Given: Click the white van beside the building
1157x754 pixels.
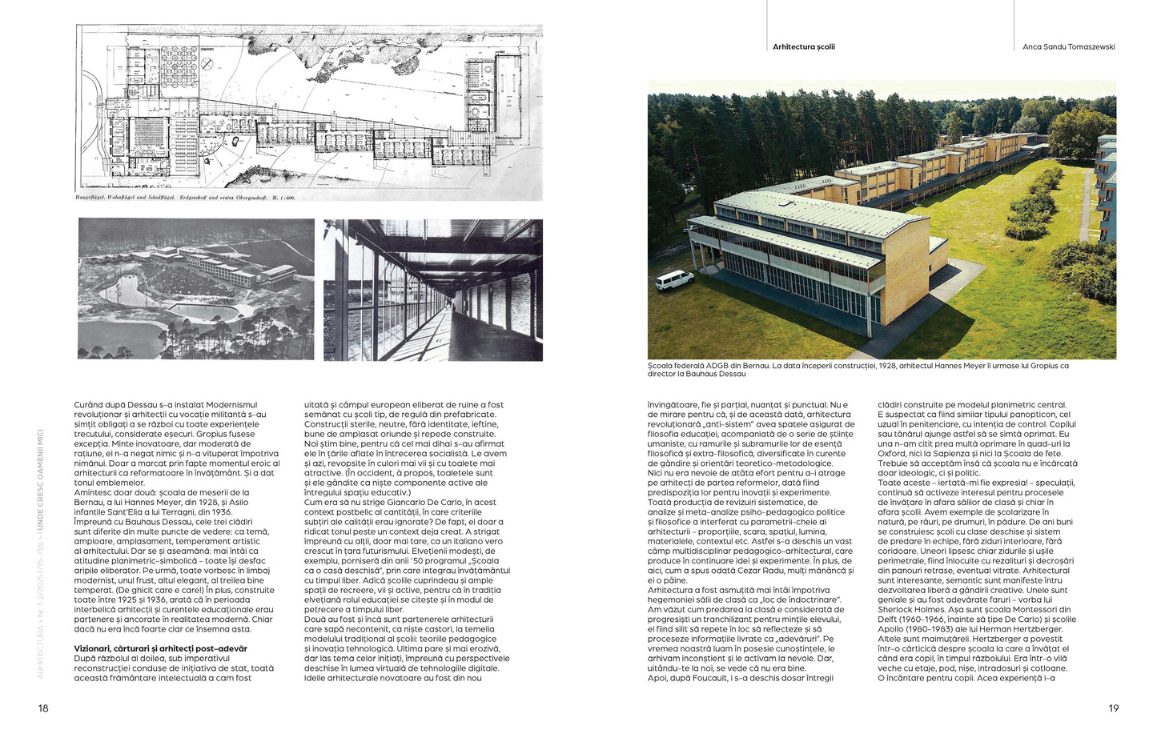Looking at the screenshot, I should (x=674, y=279).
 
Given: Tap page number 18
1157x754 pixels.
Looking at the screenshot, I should (x=43, y=708).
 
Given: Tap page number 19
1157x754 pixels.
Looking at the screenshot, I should (x=1113, y=708).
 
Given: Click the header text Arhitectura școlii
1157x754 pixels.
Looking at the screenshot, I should (x=803, y=47).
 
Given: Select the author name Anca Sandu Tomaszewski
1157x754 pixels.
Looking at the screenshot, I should (x=1068, y=47).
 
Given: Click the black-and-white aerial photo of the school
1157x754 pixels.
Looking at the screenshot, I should (x=195, y=288).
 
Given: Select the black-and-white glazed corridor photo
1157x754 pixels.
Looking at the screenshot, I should (x=432, y=290).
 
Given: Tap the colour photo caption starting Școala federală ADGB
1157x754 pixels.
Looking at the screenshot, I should (x=858, y=370).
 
